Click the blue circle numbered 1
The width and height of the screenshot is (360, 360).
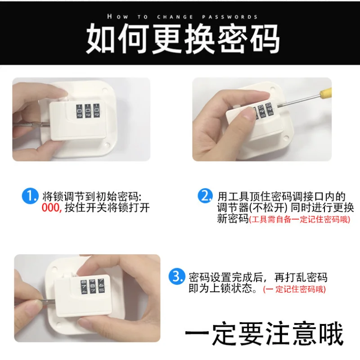coord(30,196)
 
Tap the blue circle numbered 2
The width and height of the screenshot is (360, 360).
coord(205,196)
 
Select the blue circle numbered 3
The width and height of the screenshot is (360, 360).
coord(176,276)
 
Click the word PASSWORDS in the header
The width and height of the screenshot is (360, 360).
coord(230,17)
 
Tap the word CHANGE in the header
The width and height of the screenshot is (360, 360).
coord(175,17)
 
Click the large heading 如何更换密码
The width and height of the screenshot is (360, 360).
coord(183,38)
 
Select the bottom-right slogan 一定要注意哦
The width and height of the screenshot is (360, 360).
coord(264,333)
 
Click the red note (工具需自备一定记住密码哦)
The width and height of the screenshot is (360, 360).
coord(300,219)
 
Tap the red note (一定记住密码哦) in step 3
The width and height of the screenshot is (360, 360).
coord(295,289)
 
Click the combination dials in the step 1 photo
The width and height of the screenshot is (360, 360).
coord(88,111)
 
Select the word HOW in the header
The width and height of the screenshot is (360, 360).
coord(117,17)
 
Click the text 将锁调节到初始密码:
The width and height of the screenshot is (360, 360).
coord(92,197)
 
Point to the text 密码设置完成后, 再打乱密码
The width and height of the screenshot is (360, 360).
coord(257,277)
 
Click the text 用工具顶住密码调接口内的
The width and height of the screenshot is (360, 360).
coord(282,197)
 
